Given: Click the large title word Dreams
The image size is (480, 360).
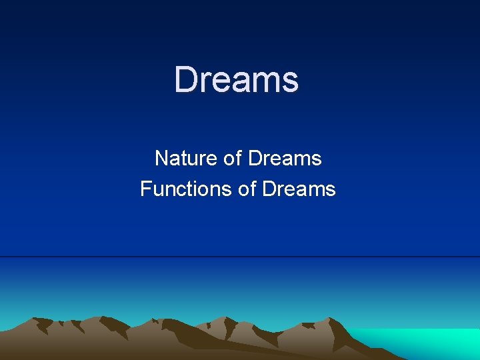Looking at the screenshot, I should point(237,79).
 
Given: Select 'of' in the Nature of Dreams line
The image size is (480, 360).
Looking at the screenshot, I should point(233,159).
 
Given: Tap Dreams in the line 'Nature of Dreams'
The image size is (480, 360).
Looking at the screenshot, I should point(285,159).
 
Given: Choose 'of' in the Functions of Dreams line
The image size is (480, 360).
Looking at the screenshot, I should point(247,189).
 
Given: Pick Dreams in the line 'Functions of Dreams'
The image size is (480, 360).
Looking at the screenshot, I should point(299,189).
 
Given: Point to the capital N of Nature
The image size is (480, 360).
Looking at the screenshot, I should point(161,159).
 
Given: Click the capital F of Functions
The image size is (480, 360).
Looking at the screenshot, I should point(145,189).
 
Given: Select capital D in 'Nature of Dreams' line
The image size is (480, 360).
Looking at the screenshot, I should point(254,159).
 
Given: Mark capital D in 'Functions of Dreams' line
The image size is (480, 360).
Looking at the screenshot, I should point(269,189).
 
